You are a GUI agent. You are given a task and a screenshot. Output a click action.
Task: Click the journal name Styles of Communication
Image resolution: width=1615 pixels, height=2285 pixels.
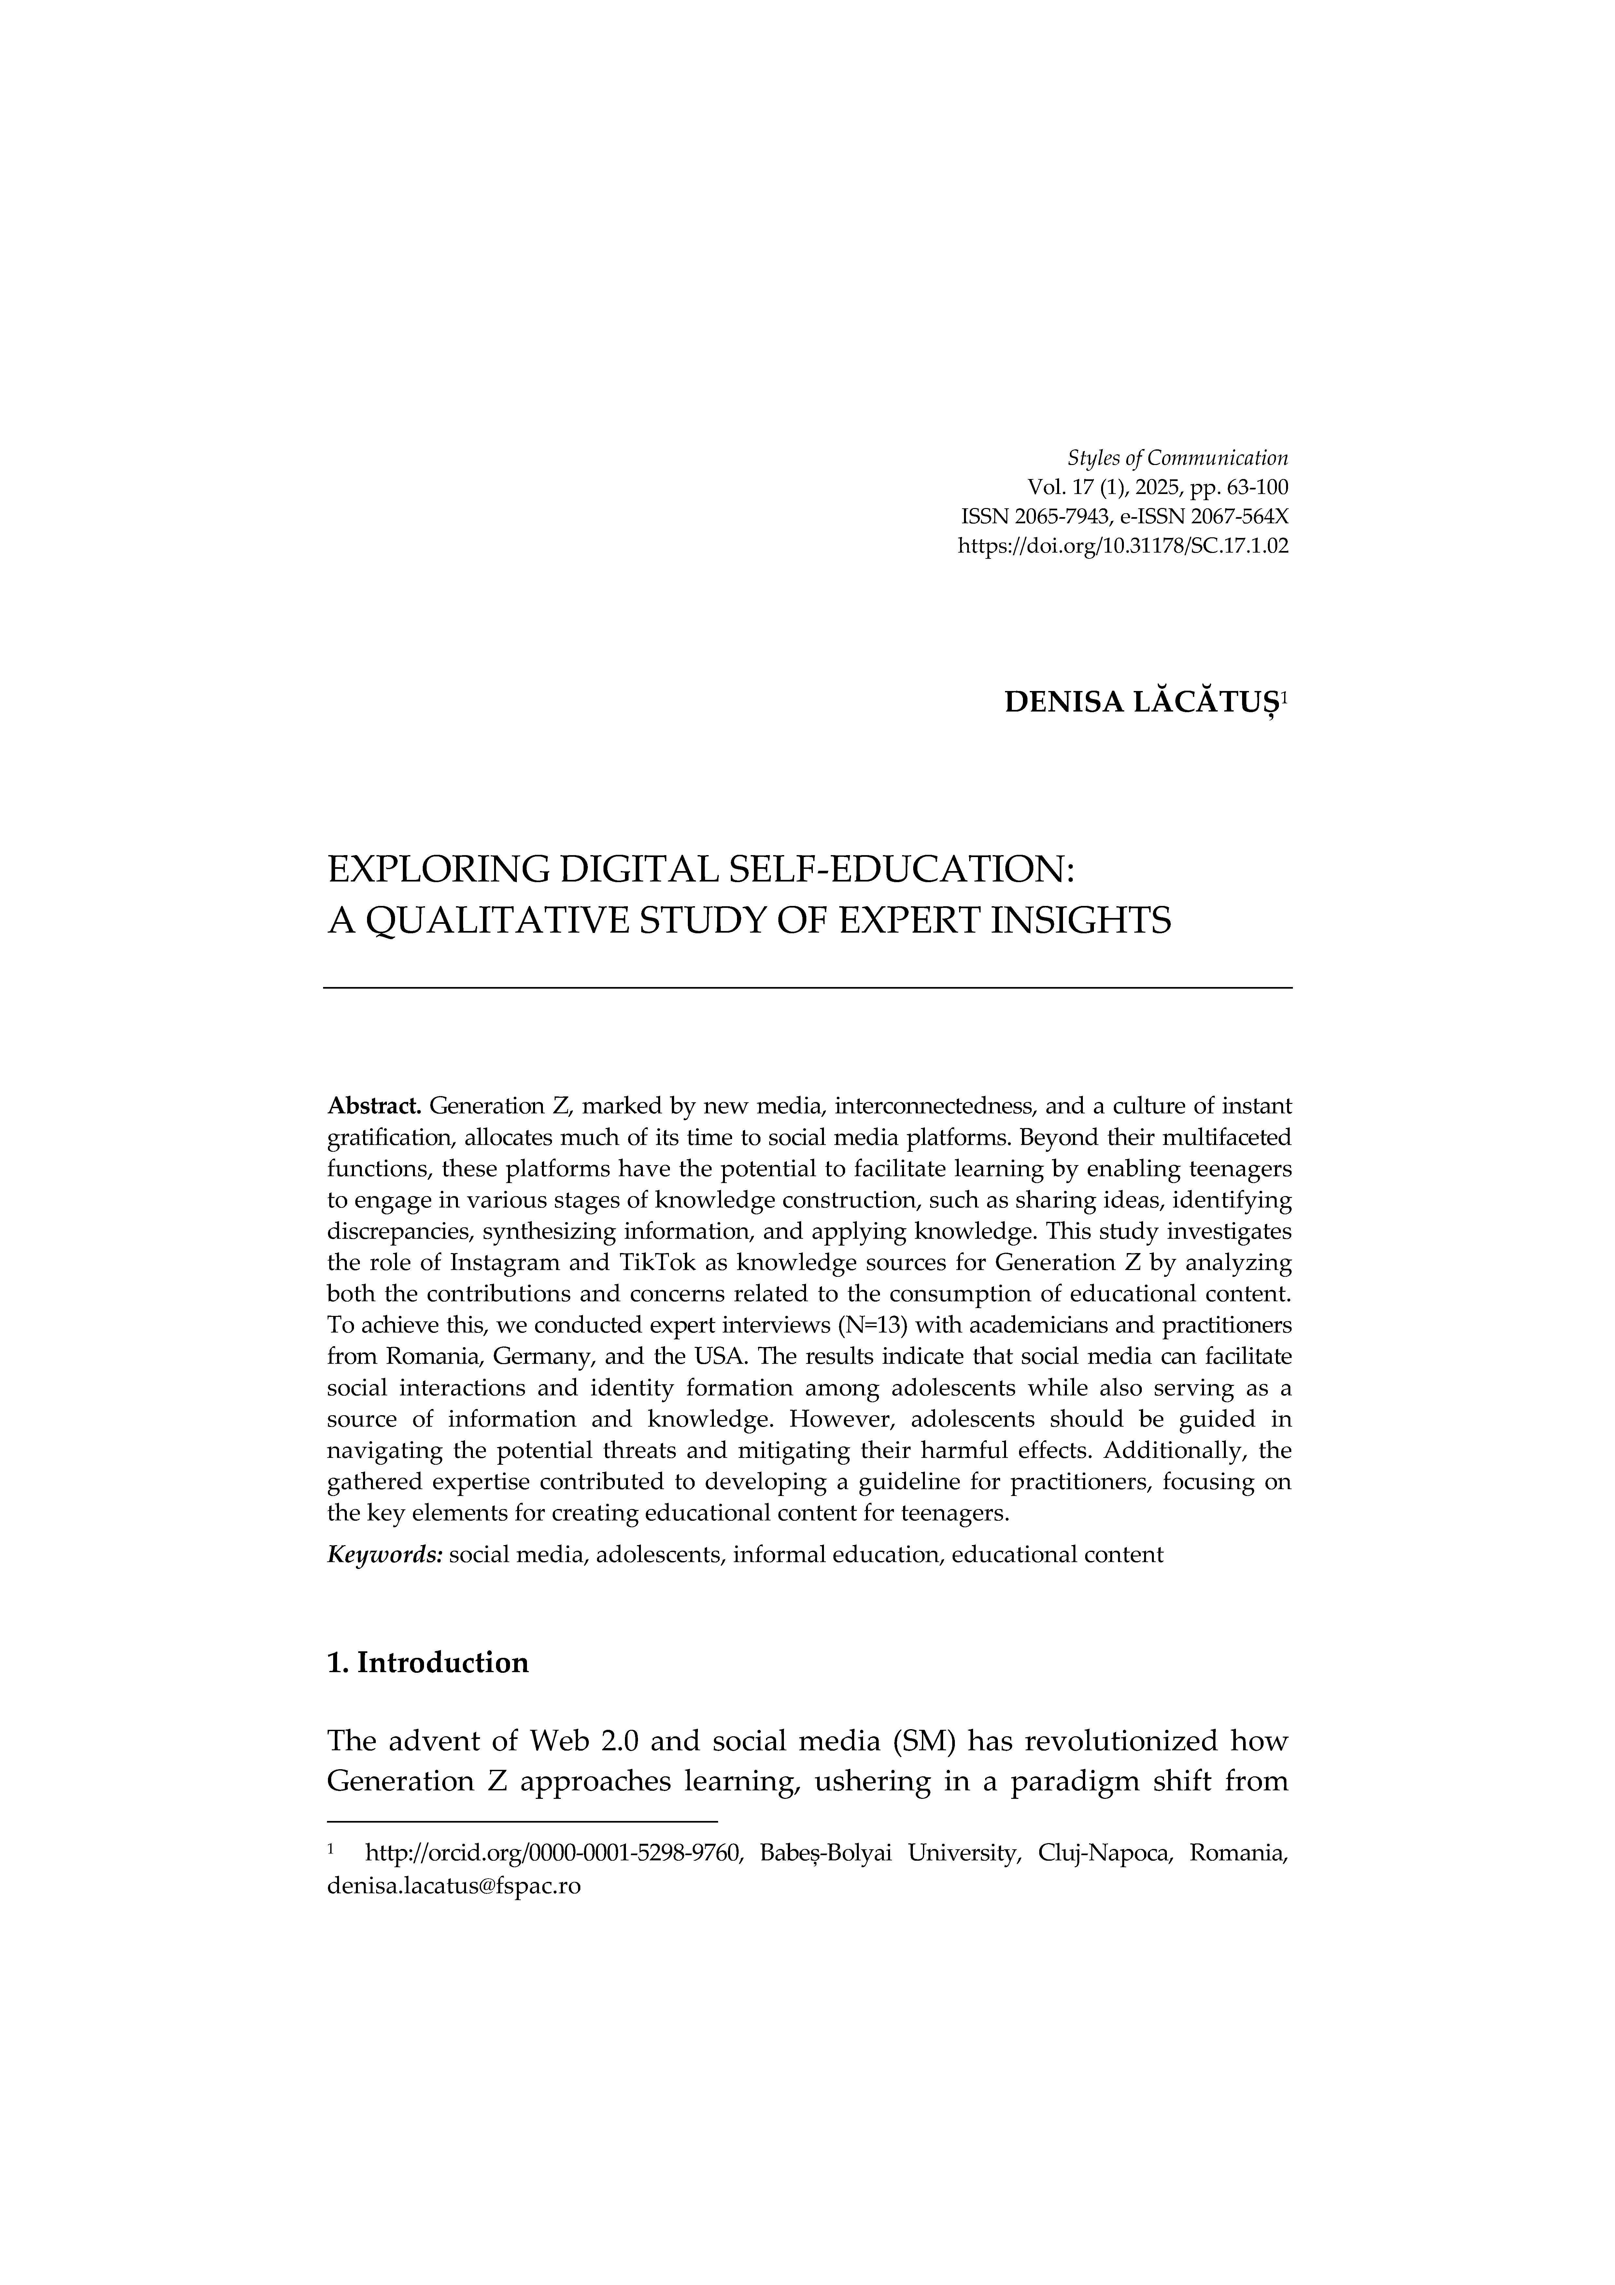[x=1177, y=459]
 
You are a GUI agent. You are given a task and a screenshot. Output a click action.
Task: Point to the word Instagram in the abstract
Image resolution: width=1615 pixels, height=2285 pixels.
[x=508, y=1264]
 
